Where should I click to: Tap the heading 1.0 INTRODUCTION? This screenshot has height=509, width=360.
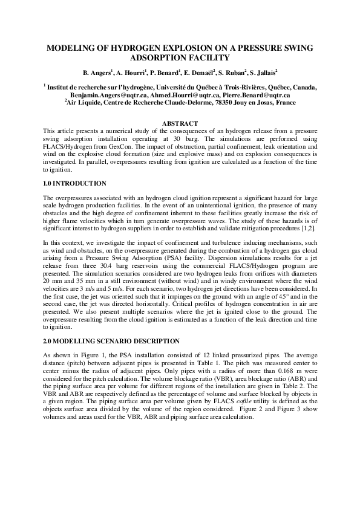tap(75, 183)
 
